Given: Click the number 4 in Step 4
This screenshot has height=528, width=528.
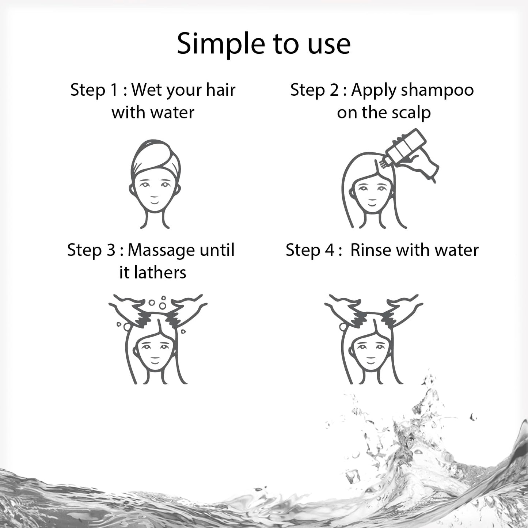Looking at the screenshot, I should (329, 250).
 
